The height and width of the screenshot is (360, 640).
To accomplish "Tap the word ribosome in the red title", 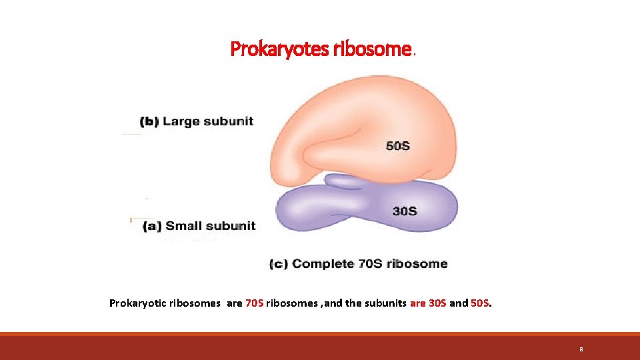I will [x=377, y=49].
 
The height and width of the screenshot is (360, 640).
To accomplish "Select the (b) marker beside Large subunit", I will [x=149, y=121].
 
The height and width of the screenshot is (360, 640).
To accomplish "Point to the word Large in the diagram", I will [x=181, y=121].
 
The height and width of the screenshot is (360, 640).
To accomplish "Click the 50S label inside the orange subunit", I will [x=398, y=146].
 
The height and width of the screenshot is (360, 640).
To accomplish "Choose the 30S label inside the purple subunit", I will [x=405, y=211].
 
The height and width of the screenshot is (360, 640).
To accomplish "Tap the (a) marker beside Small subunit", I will [x=153, y=226].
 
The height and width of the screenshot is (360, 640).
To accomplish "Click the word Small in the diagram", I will [x=185, y=226].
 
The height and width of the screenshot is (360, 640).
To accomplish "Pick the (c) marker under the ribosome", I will [x=279, y=264].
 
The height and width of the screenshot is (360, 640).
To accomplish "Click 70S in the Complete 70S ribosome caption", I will [x=371, y=264].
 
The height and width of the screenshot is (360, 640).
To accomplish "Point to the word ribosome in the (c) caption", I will [x=418, y=264].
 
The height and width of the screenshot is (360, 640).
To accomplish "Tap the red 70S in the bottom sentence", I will [x=254, y=303].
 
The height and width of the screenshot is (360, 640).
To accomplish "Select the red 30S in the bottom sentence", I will [x=437, y=303].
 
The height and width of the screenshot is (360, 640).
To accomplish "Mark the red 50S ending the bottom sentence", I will [x=481, y=303].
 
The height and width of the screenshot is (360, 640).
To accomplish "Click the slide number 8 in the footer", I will [x=581, y=349].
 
